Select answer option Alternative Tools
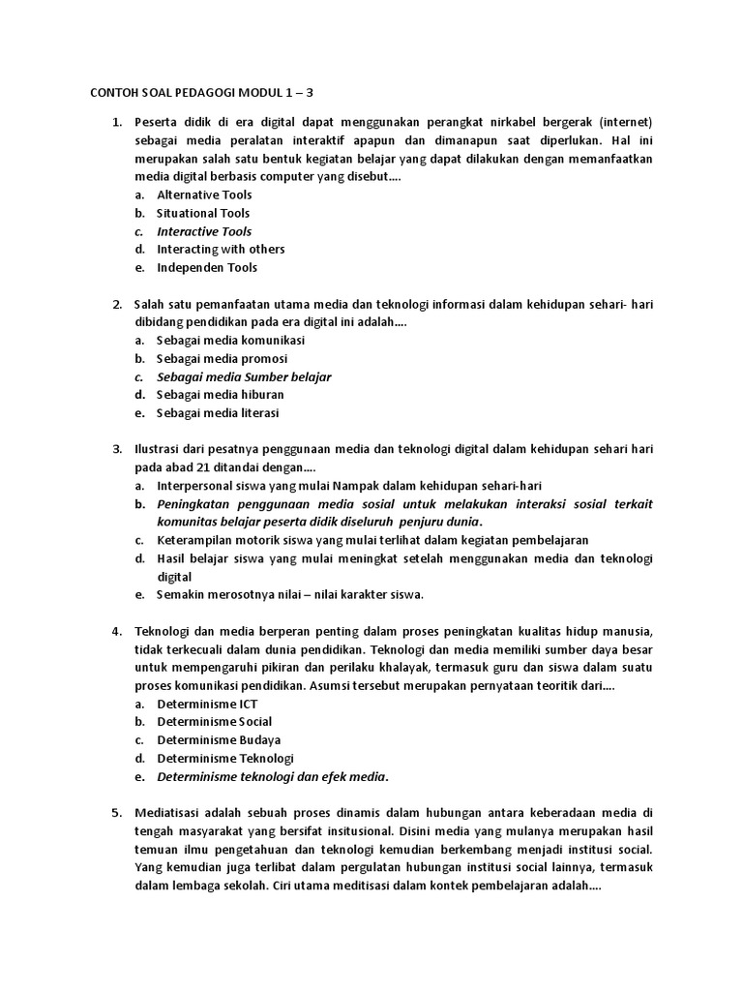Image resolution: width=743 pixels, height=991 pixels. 204,195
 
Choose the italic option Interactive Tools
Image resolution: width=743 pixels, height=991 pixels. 204,231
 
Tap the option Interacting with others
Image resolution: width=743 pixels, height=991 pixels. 221,250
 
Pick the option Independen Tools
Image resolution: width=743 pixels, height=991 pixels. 207,268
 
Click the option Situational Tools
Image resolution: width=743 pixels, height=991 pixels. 203,213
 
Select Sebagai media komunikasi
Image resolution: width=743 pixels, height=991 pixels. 230,341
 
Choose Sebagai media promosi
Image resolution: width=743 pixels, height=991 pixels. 222,359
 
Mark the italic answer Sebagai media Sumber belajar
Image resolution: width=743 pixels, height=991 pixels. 244,376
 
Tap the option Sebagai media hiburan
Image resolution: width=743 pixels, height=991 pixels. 222,395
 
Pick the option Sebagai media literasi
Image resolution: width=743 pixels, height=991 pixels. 218,413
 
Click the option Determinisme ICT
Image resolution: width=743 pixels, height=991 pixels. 207,704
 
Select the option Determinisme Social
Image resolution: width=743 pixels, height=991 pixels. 214,722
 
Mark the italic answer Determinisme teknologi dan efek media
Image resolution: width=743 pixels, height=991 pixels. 272,776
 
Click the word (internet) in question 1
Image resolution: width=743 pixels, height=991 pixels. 626,122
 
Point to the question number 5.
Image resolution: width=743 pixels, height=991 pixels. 116,813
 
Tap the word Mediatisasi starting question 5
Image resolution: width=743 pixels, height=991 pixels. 168,813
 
